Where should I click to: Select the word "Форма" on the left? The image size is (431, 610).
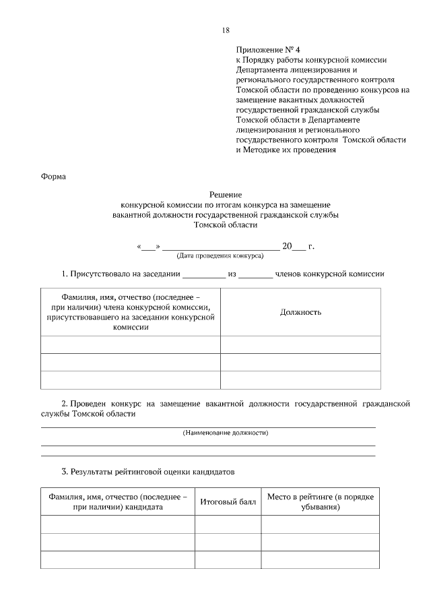click(54, 177)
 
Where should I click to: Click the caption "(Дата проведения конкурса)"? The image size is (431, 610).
click(220, 256)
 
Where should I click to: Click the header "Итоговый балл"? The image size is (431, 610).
click(228, 502)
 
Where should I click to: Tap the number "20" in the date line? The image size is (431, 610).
click(287, 246)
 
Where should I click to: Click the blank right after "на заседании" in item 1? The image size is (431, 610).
click(203, 275)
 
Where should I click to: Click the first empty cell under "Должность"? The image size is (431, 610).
click(300, 344)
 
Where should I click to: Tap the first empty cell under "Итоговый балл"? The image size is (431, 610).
click(228, 524)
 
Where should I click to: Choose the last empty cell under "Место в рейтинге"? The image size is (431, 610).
click(320, 560)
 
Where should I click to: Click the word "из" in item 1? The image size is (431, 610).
click(232, 274)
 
